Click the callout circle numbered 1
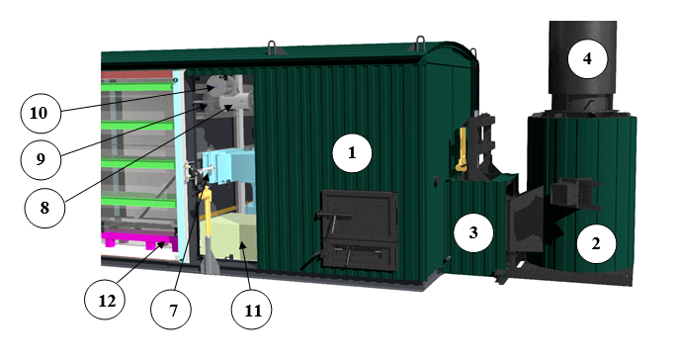click(352, 153)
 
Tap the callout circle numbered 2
click(596, 244)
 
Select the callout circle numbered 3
click(473, 232)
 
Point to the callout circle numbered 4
click(587, 58)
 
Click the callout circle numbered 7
click(171, 310)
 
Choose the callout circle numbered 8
click(45, 208)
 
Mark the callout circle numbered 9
click(41, 159)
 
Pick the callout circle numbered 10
click(41, 113)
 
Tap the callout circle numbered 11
click(252, 310)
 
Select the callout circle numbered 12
click(105, 300)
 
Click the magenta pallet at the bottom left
click(139, 240)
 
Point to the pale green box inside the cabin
click(228, 236)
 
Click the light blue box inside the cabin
click(227, 168)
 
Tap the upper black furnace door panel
click(359, 216)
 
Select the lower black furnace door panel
click(361, 255)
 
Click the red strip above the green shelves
click(136, 74)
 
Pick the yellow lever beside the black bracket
click(462, 149)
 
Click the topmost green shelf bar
click(136, 87)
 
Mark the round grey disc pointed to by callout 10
click(215, 86)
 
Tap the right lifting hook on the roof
click(420, 44)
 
